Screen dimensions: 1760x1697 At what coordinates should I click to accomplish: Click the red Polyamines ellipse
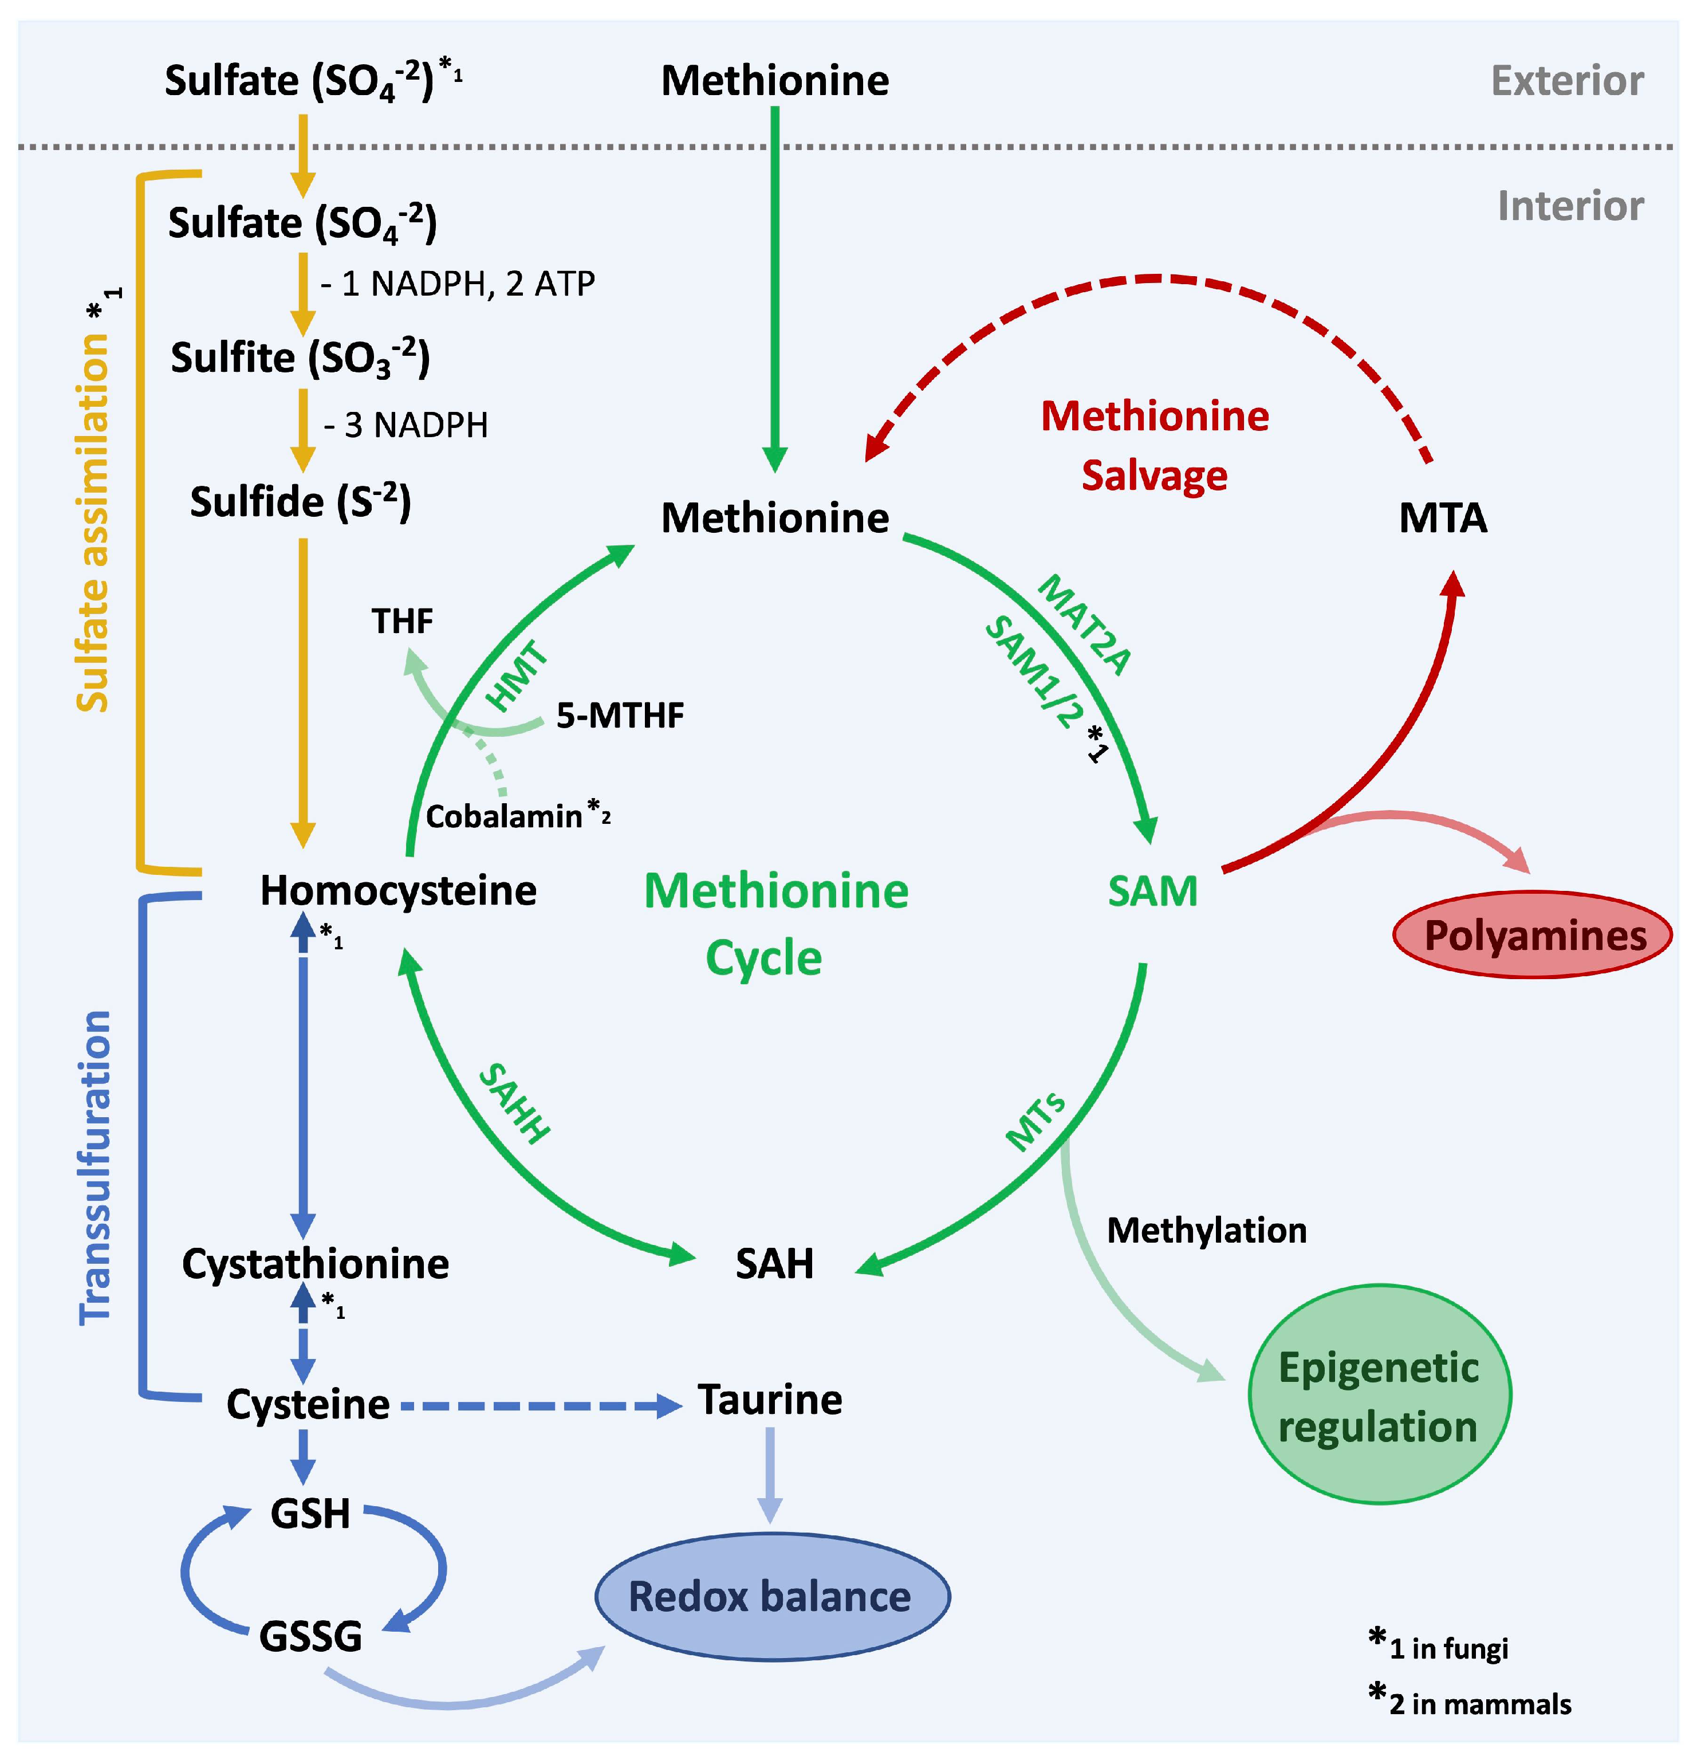pyautogui.click(x=1532, y=935)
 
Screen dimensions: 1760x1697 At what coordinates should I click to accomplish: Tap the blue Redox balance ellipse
pyautogui.click(x=771, y=1597)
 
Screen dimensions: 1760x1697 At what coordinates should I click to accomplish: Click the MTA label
pyautogui.click(x=1442, y=518)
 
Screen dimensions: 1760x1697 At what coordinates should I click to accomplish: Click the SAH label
pyautogui.click(x=774, y=1263)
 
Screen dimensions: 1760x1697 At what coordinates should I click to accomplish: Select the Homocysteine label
pyautogui.click(x=398, y=891)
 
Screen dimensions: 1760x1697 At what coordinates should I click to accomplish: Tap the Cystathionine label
pyautogui.click(x=315, y=1263)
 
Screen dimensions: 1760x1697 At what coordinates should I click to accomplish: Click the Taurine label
pyautogui.click(x=770, y=1400)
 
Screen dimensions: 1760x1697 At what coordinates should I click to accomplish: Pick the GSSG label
pyautogui.click(x=310, y=1636)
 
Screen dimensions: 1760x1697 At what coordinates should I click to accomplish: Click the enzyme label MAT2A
pyautogui.click(x=1084, y=625)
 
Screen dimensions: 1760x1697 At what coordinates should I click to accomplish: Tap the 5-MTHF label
pyautogui.click(x=620, y=716)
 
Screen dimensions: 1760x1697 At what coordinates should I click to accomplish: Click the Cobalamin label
pyautogui.click(x=503, y=816)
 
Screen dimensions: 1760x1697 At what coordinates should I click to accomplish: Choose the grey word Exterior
pyautogui.click(x=1567, y=81)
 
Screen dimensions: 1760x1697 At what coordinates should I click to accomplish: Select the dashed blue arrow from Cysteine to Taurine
pyautogui.click(x=539, y=1405)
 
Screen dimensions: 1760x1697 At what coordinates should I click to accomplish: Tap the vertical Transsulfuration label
pyautogui.click(x=95, y=1168)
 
